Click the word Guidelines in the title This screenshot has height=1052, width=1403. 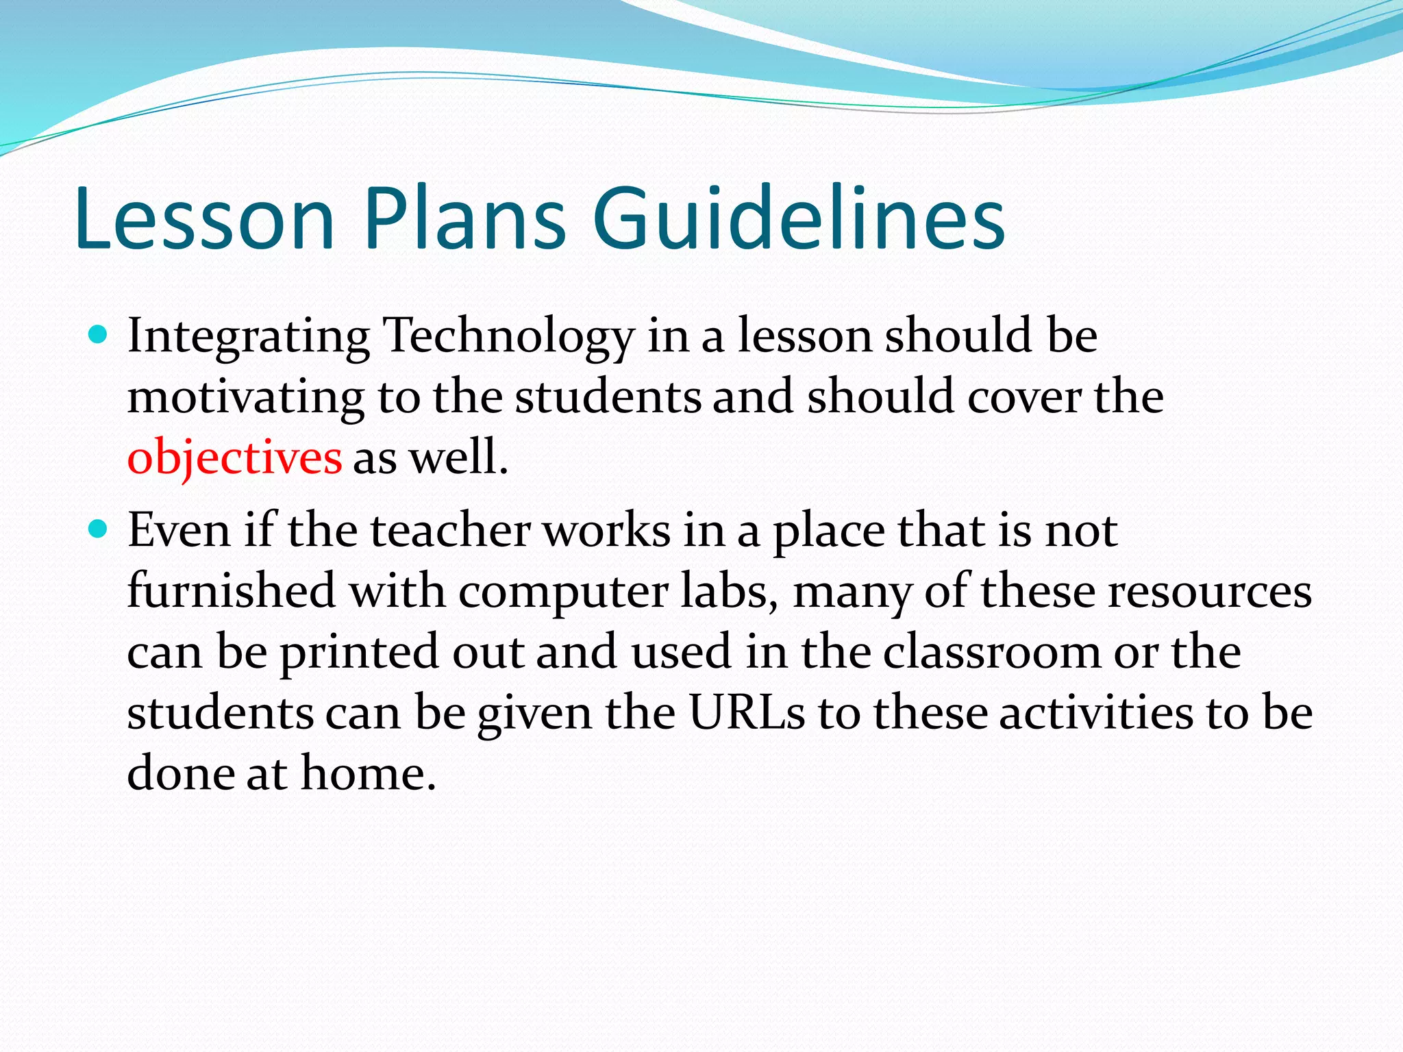pyautogui.click(x=798, y=218)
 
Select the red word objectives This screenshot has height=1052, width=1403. pyautogui.click(x=234, y=458)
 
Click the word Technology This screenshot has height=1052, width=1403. pyautogui.click(x=509, y=337)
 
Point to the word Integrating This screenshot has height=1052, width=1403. pyautogui.click(x=249, y=337)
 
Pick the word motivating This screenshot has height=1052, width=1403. pyautogui.click(x=246, y=397)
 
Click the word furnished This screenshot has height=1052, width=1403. pyautogui.click(x=232, y=590)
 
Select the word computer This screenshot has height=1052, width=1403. pyautogui.click(x=563, y=592)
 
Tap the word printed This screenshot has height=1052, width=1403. pyautogui.click(x=359, y=652)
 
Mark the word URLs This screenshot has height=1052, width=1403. pyautogui.click(x=747, y=712)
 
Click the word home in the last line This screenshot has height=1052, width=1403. pyautogui.click(x=368, y=773)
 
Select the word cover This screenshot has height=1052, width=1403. pyautogui.click(x=1025, y=397)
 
